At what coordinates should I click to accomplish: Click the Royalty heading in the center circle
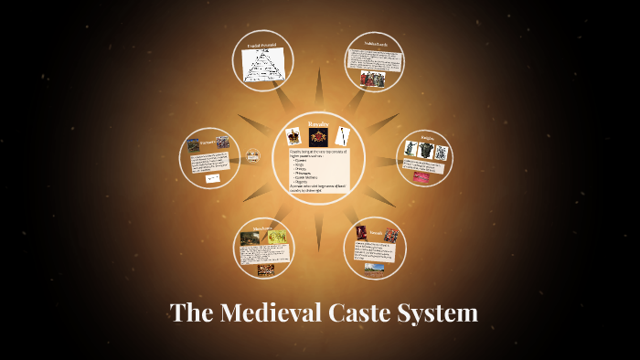click(318, 122)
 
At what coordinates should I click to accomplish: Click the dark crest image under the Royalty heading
click(318, 138)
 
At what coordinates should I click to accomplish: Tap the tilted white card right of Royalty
click(344, 135)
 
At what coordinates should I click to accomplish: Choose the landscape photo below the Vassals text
click(375, 267)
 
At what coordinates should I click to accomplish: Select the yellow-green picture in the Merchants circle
click(278, 238)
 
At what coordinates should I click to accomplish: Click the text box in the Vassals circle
click(376, 251)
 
